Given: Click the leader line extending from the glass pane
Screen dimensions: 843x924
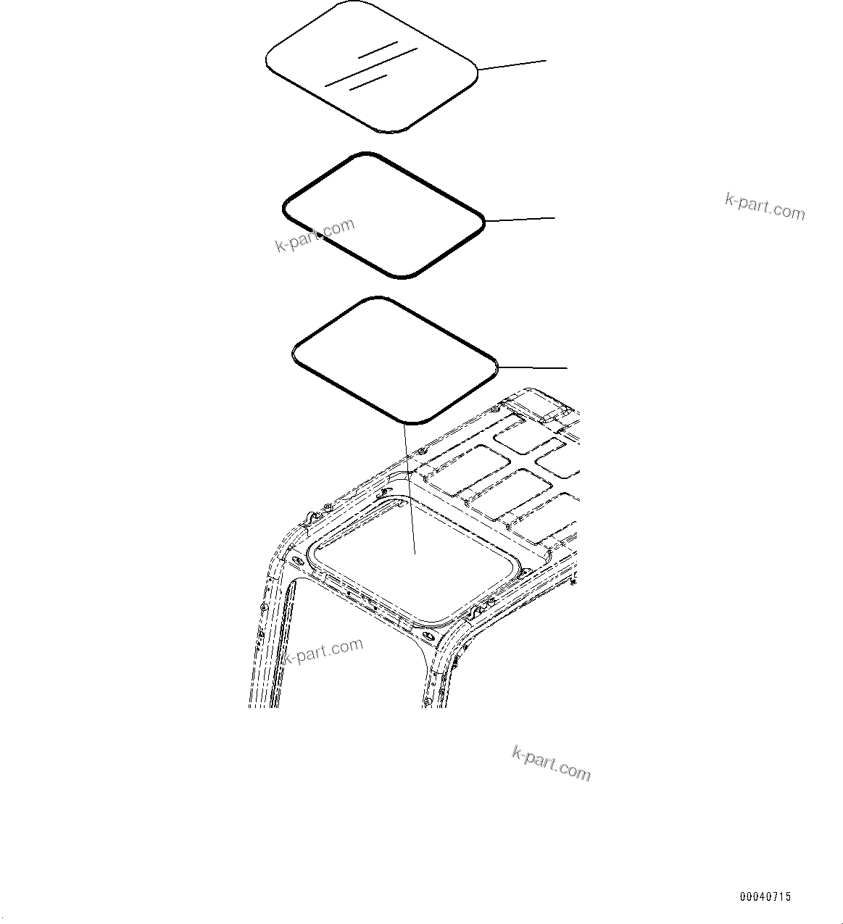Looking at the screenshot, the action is [512, 65].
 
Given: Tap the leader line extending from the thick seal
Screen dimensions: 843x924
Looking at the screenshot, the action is [520, 218].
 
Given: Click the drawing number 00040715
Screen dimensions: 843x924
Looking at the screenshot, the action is [765, 897].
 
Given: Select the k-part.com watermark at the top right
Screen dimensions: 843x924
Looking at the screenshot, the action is [765, 206].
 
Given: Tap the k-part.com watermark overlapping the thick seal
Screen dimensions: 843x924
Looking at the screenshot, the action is [315, 235].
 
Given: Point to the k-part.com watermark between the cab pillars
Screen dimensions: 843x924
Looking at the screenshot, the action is [323, 651].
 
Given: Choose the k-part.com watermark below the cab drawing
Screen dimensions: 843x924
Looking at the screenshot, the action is [552, 764].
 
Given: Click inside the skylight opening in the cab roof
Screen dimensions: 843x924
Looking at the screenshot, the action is [406, 565].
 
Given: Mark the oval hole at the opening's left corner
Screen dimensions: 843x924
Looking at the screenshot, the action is [295, 562].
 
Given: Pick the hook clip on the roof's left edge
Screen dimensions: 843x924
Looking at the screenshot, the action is [310, 517].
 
